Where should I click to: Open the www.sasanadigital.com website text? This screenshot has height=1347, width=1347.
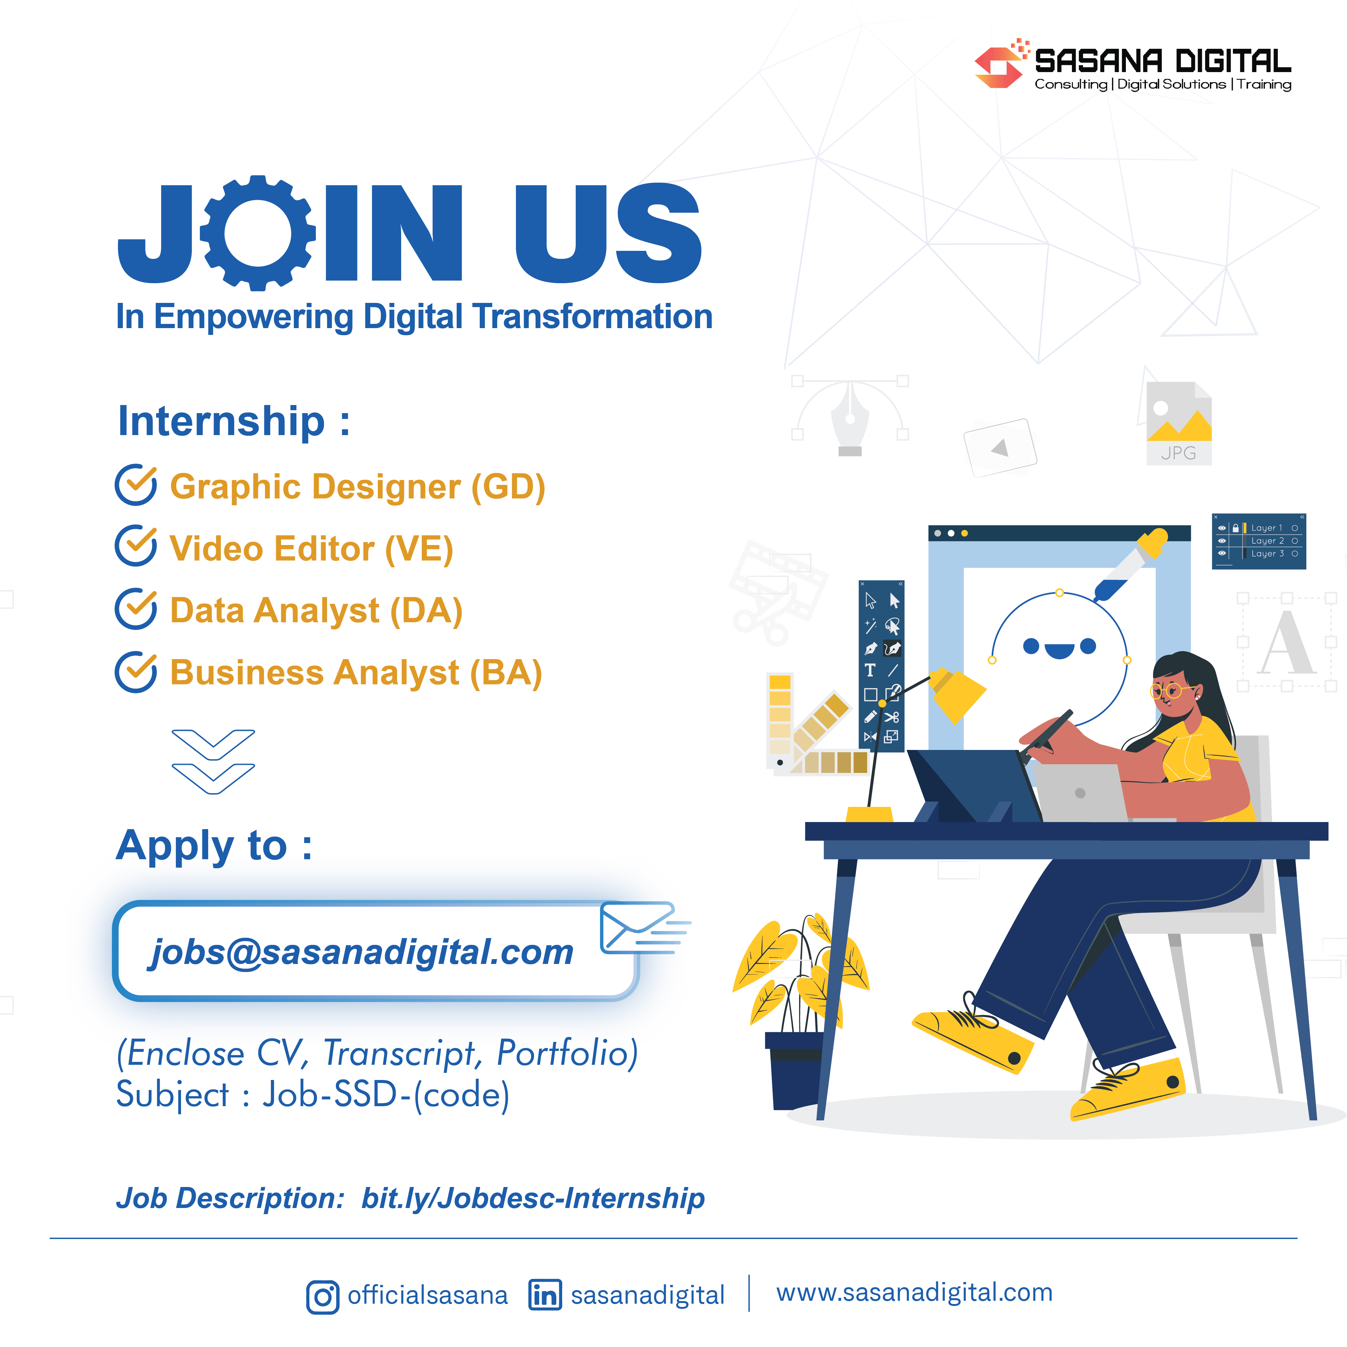[914, 1293]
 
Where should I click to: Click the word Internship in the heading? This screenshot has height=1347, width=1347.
[221, 422]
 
